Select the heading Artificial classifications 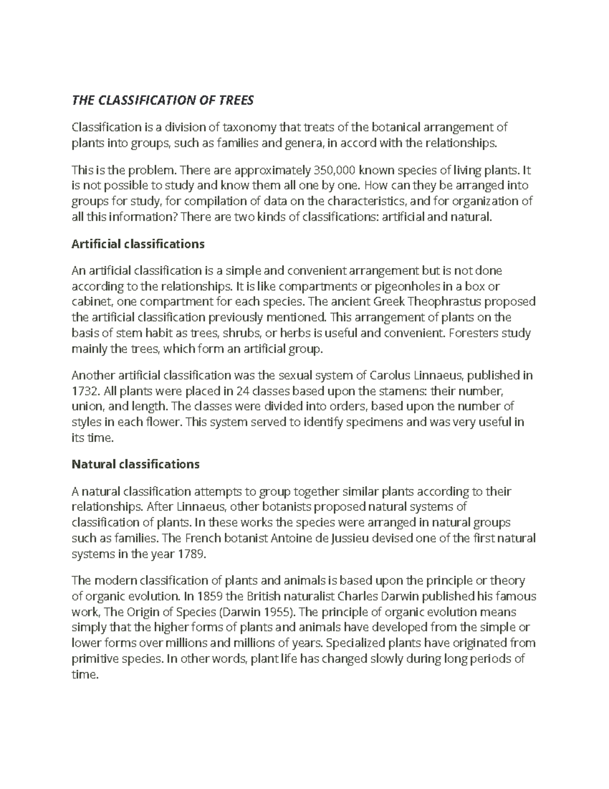pos(138,244)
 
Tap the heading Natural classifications pos(136,464)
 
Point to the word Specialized pos(355,643)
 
